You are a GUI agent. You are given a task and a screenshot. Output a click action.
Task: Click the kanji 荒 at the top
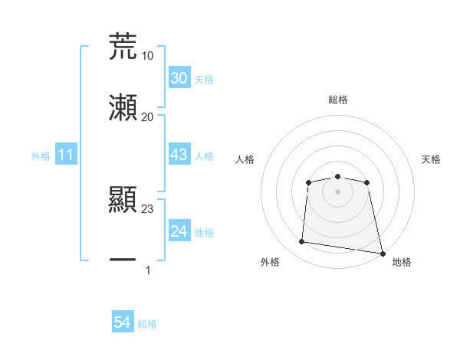(123, 46)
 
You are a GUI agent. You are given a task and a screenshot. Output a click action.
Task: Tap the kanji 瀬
(123, 108)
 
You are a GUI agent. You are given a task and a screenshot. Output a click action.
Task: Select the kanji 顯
(123, 200)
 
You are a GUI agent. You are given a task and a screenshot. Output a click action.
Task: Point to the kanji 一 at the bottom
(123, 260)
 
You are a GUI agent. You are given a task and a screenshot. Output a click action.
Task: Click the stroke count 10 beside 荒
(147, 55)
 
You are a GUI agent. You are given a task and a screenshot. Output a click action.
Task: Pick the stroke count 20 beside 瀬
(147, 116)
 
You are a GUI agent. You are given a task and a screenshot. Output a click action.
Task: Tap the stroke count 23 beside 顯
(147, 208)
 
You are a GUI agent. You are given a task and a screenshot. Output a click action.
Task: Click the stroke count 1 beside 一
(147, 270)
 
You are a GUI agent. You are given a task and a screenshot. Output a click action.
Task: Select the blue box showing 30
(179, 78)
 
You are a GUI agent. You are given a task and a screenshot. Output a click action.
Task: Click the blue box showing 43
(179, 155)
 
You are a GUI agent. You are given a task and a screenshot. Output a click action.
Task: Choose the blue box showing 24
(179, 231)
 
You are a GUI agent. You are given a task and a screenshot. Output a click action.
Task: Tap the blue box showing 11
(66, 155)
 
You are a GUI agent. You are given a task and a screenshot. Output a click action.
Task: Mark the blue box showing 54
(123, 323)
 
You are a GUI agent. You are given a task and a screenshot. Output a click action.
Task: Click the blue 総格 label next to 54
(147, 324)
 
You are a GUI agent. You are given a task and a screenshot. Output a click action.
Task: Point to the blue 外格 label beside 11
(40, 156)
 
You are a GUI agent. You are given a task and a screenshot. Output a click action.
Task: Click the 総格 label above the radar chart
(337, 100)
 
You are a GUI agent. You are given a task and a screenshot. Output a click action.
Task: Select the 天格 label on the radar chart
(431, 159)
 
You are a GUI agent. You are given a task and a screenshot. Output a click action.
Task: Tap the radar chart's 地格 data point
(382, 252)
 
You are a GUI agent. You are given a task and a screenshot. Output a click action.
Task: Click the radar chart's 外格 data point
(301, 242)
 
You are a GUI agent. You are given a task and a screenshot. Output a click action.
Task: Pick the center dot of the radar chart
(337, 191)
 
